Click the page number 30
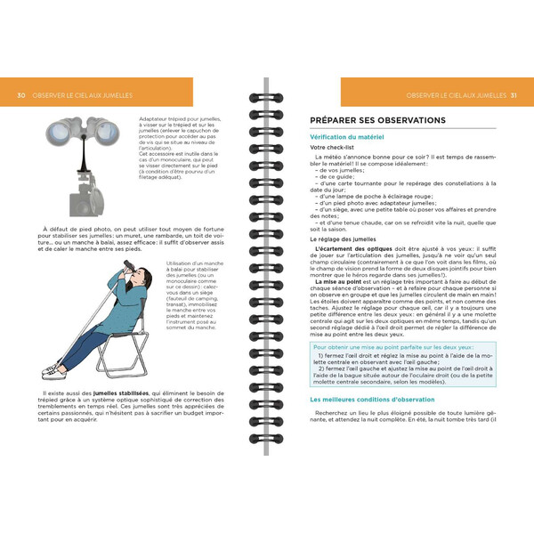pos(20,95)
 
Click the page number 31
pos(514,95)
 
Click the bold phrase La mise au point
pos(337,282)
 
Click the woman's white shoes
pos(55,368)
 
